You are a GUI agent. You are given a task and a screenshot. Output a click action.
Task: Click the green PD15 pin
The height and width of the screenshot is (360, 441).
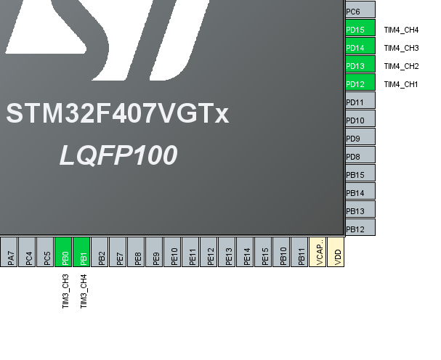360,30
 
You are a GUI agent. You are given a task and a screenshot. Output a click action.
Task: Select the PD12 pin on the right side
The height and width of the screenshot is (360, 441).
360,84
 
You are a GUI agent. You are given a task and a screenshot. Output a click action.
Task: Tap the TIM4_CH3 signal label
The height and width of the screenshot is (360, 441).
401,48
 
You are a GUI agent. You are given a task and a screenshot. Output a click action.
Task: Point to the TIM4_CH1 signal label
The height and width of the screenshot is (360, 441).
401,84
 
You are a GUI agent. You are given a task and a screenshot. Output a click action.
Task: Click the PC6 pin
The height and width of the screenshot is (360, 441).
360,12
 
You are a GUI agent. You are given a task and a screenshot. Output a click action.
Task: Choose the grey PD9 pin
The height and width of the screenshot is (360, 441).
360,138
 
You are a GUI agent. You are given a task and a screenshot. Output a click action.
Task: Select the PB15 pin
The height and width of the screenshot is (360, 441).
360,174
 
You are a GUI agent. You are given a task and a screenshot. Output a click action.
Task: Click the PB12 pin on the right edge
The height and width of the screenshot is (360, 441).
360,229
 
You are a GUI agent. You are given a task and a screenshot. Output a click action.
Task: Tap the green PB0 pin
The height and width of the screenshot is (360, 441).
64,252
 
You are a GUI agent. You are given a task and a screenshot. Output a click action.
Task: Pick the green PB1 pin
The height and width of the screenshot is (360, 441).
82,252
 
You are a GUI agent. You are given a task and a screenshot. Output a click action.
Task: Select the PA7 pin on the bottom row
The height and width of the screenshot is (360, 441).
9,252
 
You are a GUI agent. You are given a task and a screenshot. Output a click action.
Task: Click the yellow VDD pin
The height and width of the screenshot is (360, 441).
336,252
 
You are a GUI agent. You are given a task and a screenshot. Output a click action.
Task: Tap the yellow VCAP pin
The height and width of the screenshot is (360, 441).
317,252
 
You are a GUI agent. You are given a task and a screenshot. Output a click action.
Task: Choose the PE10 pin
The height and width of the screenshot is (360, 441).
173,252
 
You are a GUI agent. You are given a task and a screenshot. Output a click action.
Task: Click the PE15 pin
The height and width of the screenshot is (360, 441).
264,252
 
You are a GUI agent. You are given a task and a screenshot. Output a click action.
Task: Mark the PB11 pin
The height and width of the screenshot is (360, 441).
299,252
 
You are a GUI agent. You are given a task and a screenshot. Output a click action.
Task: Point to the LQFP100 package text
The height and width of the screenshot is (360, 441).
118,155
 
